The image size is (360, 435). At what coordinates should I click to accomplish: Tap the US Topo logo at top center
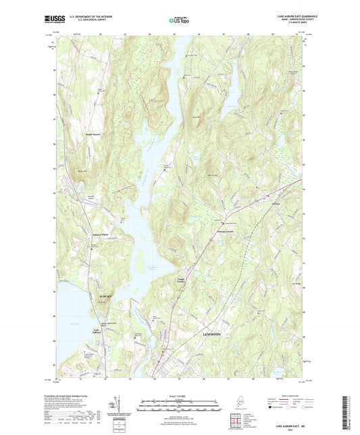pyautogui.click(x=180, y=21)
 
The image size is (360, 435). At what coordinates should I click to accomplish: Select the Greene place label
pyautogui.click(x=276, y=201)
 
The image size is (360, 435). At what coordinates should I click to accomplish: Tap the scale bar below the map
pyautogui.click(x=180, y=403)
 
